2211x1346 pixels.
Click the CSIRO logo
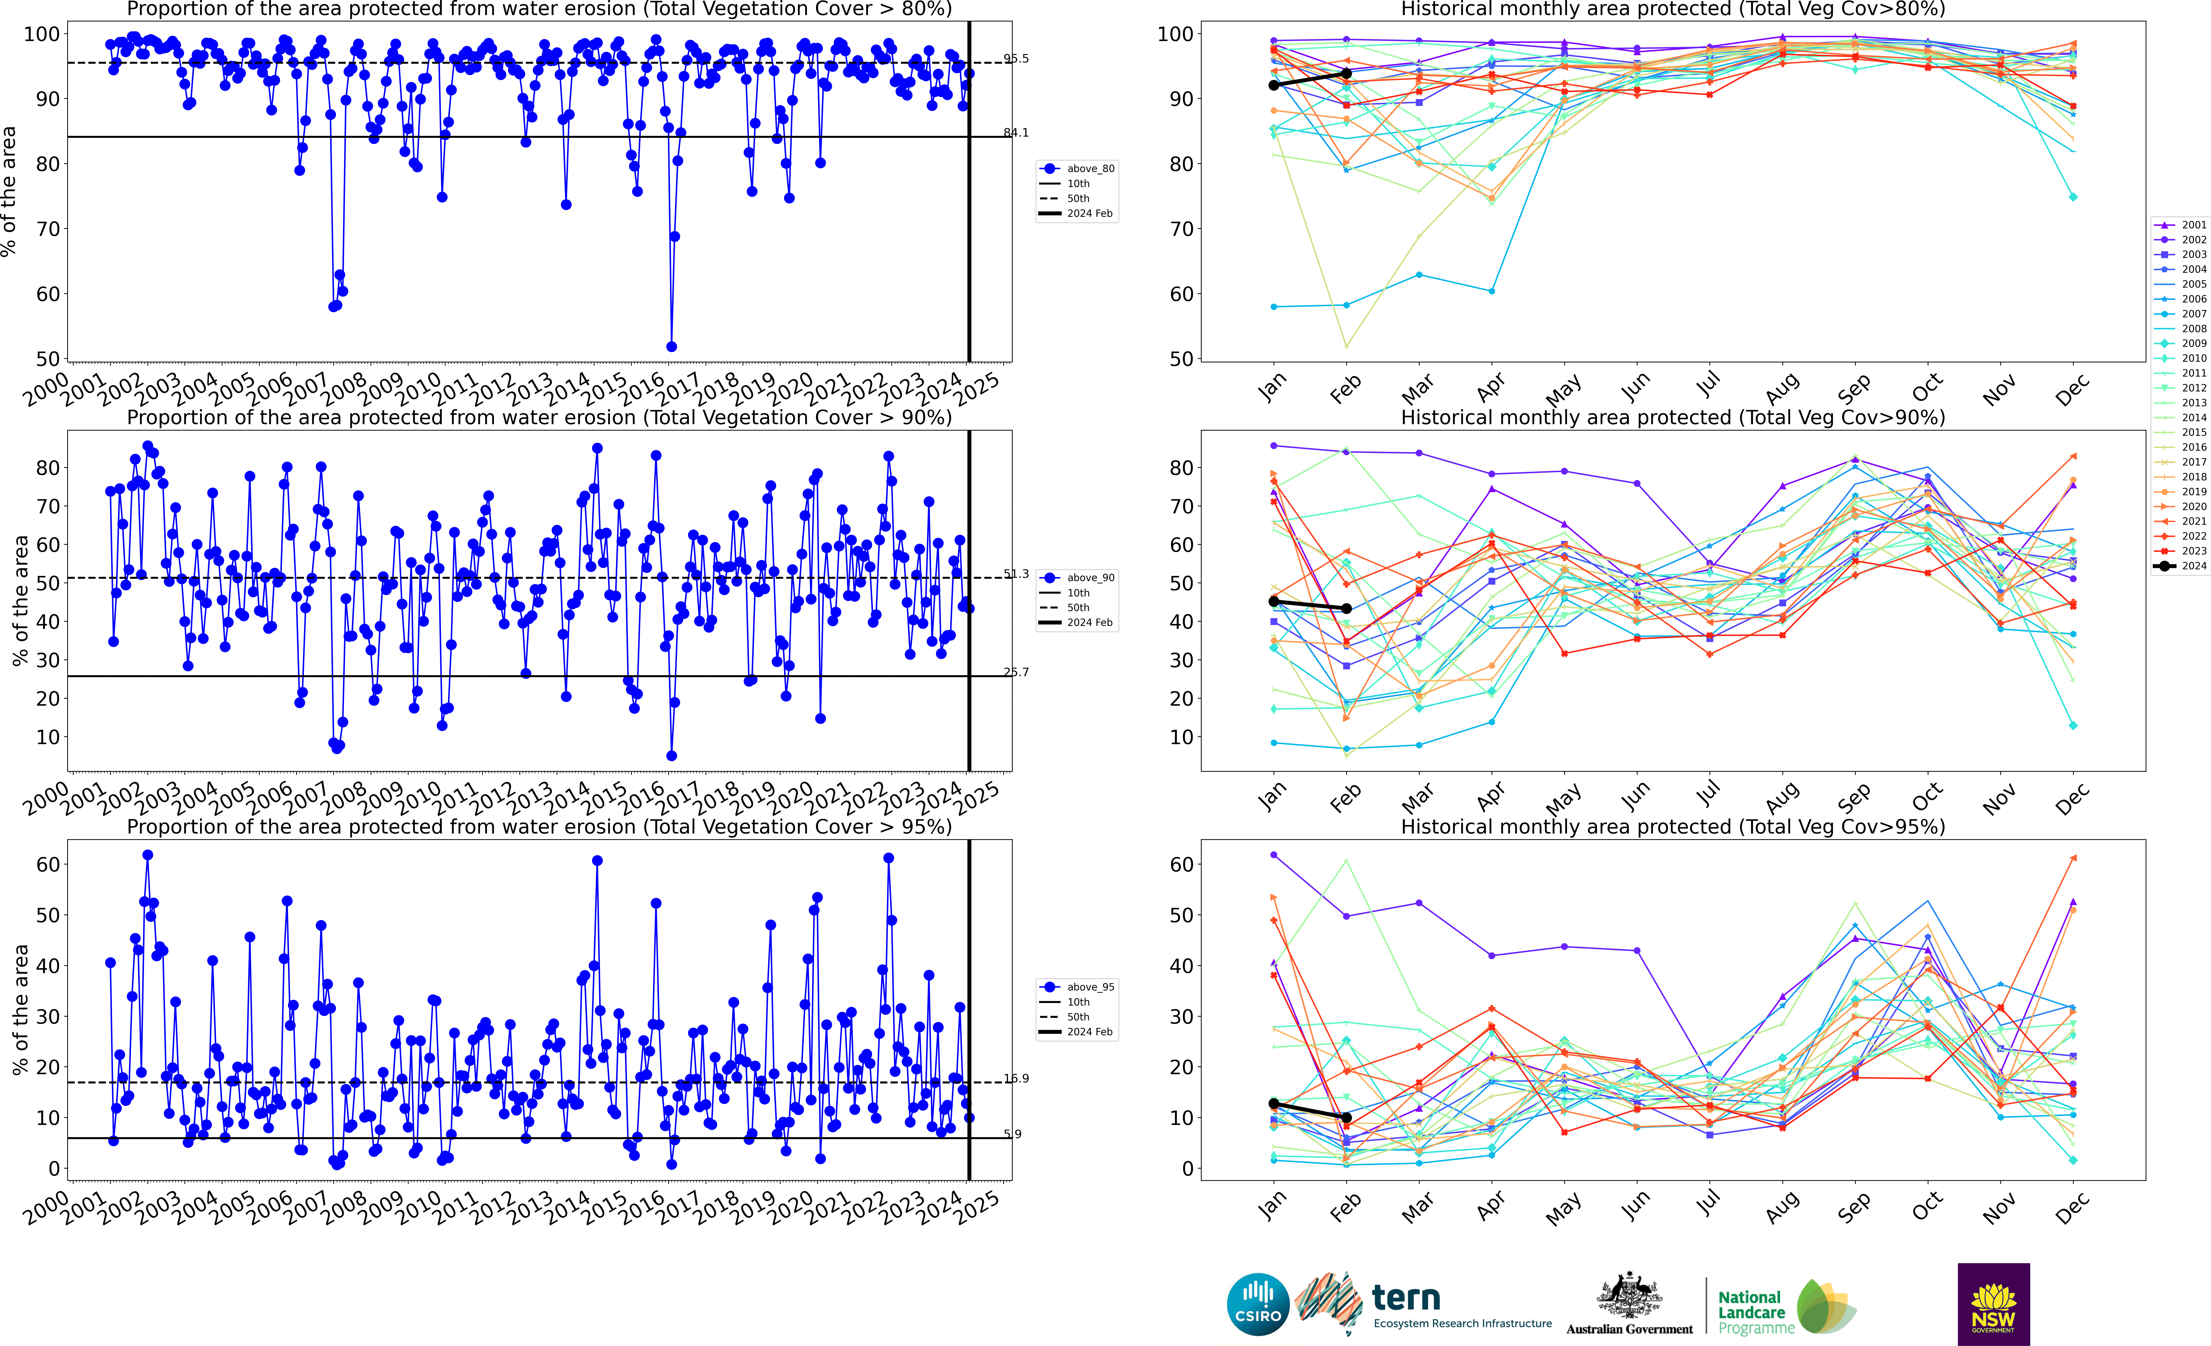coord(1257,1304)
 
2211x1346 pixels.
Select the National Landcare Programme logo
coord(1786,1306)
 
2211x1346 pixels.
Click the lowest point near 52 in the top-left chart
coord(671,346)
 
